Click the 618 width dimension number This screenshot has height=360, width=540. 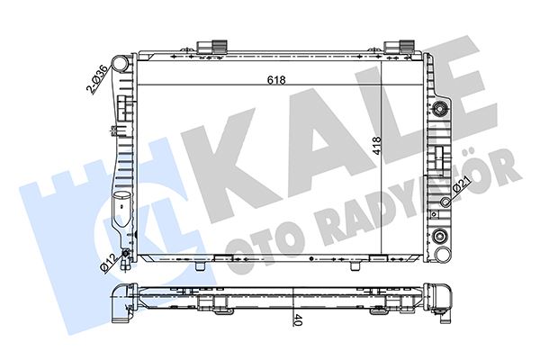click(276, 80)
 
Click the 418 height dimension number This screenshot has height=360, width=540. click(377, 146)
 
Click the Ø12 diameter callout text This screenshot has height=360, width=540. click(108, 263)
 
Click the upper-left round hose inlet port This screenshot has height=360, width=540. click(120, 64)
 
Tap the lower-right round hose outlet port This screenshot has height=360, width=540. click(442, 255)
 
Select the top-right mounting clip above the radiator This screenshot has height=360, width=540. click(399, 47)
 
